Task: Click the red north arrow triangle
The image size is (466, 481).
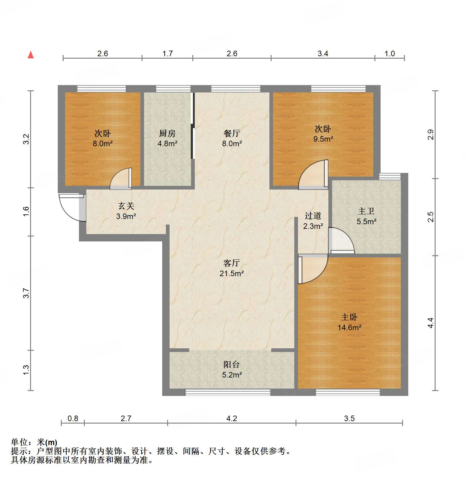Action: tap(31, 55)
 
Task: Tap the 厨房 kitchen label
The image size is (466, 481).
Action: tap(167, 133)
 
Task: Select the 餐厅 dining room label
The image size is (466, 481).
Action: tap(232, 133)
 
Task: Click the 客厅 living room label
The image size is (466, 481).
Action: tap(232, 263)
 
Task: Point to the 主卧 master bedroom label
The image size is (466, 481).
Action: tap(349, 317)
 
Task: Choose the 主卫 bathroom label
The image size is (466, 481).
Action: tap(366, 211)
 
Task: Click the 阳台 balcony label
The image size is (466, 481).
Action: tap(232, 365)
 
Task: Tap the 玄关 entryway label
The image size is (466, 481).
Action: tap(126, 206)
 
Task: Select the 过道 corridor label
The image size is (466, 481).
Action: tap(313, 216)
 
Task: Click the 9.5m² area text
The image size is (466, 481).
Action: tap(323, 139)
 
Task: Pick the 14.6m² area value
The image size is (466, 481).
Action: tap(349, 328)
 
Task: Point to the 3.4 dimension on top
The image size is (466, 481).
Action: tap(323, 54)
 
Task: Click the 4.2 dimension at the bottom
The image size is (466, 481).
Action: tap(232, 418)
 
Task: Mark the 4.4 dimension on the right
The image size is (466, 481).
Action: tap(431, 323)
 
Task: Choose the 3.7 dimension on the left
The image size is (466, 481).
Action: tap(26, 293)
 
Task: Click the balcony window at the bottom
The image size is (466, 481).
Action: tap(228, 392)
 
